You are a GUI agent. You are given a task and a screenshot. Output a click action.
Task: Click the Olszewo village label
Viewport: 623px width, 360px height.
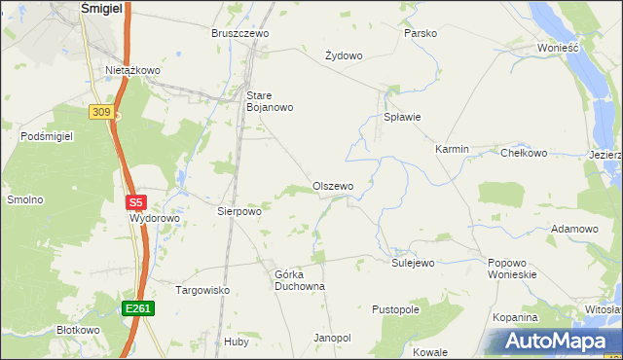pyautogui.click(x=333, y=186)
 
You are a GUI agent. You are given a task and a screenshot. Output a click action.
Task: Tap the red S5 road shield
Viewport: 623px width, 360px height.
pyautogui.click(x=136, y=202)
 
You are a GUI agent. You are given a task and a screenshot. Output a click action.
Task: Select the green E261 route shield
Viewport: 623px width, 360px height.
pyautogui.click(x=137, y=308)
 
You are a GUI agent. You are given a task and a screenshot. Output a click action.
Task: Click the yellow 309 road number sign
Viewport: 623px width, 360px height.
pyautogui.click(x=101, y=113)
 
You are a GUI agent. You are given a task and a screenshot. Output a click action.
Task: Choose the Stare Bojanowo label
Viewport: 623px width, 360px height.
pyautogui.click(x=270, y=101)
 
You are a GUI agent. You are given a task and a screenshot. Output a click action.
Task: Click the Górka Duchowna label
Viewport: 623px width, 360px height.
pyautogui.click(x=299, y=280)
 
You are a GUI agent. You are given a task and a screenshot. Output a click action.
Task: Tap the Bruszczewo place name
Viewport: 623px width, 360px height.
pyautogui.click(x=240, y=33)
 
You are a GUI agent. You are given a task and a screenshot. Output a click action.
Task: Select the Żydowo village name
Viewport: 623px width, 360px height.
pyautogui.click(x=344, y=55)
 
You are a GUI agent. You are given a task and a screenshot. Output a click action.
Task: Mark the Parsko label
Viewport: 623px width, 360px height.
pyautogui.click(x=421, y=33)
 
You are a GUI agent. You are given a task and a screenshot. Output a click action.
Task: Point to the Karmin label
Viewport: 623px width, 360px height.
pyautogui.click(x=452, y=150)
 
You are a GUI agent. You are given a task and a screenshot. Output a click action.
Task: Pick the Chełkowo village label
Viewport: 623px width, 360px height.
pyautogui.click(x=524, y=153)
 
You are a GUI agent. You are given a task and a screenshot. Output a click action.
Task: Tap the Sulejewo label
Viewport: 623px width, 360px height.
pyautogui.click(x=413, y=263)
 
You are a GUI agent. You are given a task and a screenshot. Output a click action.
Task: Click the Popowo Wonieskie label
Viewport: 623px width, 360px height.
pyautogui.click(x=512, y=269)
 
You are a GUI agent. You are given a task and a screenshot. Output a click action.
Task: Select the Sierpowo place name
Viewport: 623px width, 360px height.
pyautogui.click(x=238, y=210)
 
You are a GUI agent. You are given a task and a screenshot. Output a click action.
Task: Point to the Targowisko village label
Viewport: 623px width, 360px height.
pyautogui.click(x=202, y=290)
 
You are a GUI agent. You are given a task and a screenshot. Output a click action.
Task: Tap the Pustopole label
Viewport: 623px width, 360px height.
pyautogui.click(x=395, y=309)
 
